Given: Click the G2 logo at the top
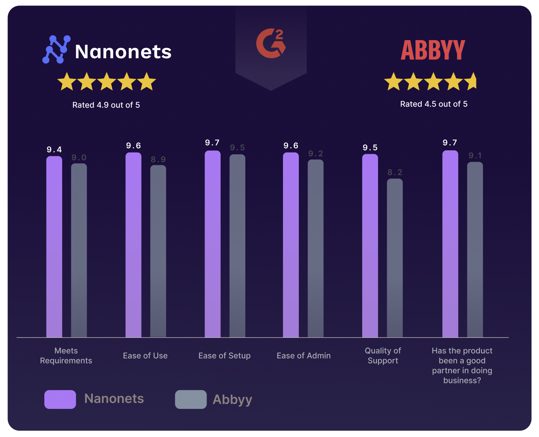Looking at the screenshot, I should pyautogui.click(x=271, y=43).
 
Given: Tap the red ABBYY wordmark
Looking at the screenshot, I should pyautogui.click(x=433, y=50).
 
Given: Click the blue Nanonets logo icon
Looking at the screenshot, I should pyautogui.click(x=56, y=50).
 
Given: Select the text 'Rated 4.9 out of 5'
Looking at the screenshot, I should pyautogui.click(x=106, y=105).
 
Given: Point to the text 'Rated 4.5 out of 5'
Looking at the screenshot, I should pyautogui.click(x=434, y=104).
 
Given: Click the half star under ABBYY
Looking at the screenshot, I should pyautogui.click(x=471, y=81).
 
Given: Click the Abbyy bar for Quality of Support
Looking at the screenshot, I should pyautogui.click(x=395, y=258).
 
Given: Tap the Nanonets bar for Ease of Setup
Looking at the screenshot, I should pyautogui.click(x=212, y=244).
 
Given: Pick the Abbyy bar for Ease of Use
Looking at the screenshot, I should pyautogui.click(x=158, y=251).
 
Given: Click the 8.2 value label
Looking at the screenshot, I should pyautogui.click(x=395, y=172).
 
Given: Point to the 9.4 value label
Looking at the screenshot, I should pyautogui.click(x=54, y=150).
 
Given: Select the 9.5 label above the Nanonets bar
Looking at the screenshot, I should pyautogui.click(x=370, y=148).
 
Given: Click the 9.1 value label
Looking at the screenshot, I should pyautogui.click(x=475, y=156).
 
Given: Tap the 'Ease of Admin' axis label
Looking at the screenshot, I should pyautogui.click(x=304, y=356).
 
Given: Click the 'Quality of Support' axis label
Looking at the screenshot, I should pyautogui.click(x=383, y=356).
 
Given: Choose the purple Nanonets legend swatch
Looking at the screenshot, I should pyautogui.click(x=60, y=399).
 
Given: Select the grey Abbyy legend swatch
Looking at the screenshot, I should pyautogui.click(x=191, y=399).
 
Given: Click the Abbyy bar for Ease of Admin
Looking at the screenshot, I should pyautogui.click(x=315, y=248).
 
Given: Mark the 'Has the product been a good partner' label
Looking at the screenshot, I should pyautogui.click(x=462, y=366).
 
